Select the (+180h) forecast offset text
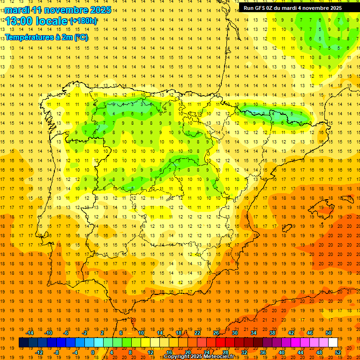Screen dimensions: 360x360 83,21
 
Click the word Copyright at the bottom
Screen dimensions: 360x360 176,357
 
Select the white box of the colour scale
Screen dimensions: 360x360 333,343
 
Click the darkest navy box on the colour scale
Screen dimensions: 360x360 23,343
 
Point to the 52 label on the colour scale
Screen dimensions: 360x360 338,352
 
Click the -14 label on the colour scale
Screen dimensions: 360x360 30,333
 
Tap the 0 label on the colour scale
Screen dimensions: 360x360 93,352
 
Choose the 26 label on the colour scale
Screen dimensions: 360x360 216,333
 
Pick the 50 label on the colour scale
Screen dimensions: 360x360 329,333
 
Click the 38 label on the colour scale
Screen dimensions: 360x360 272,333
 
